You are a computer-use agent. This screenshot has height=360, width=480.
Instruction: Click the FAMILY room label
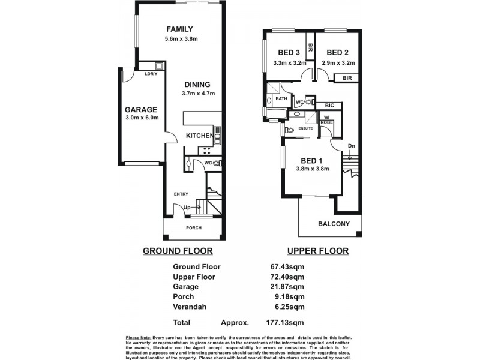click(179, 29)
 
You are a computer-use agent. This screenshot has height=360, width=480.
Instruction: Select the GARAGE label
click(141, 110)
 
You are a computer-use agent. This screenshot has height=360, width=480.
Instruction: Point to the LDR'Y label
click(151, 74)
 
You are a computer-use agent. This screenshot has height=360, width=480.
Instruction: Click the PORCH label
click(193, 228)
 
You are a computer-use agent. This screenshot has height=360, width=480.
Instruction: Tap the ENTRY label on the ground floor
click(181, 194)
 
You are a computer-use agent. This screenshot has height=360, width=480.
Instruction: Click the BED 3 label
click(284, 52)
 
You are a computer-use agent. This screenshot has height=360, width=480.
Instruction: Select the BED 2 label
click(338, 52)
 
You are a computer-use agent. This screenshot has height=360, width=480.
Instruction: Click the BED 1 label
click(313, 160)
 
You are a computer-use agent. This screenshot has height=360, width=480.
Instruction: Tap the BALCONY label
click(334, 224)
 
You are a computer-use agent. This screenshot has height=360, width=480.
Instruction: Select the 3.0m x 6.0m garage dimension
click(141, 118)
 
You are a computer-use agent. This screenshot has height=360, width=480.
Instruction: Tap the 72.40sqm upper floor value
click(287, 277)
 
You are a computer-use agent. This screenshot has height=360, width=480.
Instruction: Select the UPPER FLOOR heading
click(317, 251)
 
